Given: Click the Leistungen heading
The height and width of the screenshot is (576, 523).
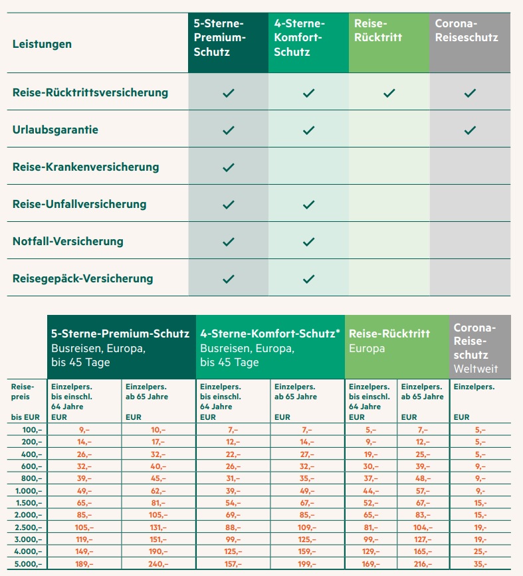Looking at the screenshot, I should tap(42, 45).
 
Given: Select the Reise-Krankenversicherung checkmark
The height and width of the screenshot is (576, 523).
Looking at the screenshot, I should tap(229, 167).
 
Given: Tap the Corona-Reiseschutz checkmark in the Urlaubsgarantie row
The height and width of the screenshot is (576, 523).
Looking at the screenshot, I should tap(470, 130).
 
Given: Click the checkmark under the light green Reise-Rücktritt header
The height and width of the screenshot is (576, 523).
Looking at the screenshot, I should tap(389, 93).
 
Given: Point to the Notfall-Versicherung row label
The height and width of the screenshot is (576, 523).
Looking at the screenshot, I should tap(68, 241).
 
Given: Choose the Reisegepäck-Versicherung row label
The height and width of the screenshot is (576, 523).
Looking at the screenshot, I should tap(82, 278).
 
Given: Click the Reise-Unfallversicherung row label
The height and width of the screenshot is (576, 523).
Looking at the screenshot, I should tap(79, 204).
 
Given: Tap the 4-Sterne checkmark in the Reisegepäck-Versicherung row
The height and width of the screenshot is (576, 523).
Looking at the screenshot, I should tap(308, 279).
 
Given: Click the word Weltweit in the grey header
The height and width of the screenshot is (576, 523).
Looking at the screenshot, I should tap(476, 368).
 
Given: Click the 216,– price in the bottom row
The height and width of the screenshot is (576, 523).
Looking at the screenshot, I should tap(422, 563).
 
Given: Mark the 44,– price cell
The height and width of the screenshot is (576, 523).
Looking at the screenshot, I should tap(371, 490).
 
